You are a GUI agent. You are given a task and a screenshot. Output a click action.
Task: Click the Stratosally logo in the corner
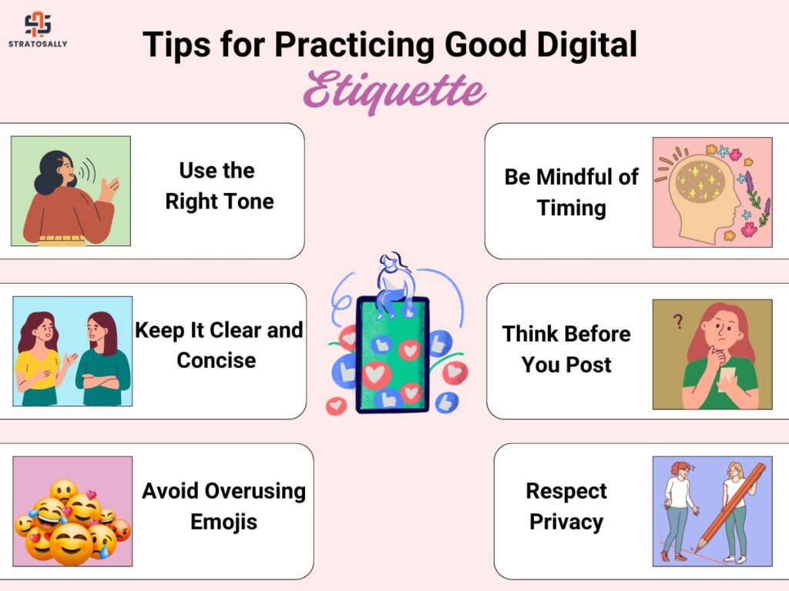pyautogui.click(x=38, y=30)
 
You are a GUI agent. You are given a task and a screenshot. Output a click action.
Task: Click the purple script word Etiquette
pyautogui.click(x=394, y=91)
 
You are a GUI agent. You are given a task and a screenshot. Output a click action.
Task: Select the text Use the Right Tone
pyautogui.click(x=219, y=186)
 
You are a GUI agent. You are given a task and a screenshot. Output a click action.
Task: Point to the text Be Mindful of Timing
pyautogui.click(x=571, y=192)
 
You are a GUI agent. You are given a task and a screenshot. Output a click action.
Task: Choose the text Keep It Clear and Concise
pyautogui.click(x=219, y=346)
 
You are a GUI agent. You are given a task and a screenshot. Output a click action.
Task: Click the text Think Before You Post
pyautogui.click(x=566, y=349)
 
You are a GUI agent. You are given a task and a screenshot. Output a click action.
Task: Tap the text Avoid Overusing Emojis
pyautogui.click(x=224, y=506)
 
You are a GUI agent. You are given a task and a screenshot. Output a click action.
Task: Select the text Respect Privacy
pyautogui.click(x=566, y=506)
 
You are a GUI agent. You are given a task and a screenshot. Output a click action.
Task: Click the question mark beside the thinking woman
pyautogui.click(x=678, y=321)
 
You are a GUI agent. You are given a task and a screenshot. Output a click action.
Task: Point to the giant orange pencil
pyautogui.click(x=730, y=508)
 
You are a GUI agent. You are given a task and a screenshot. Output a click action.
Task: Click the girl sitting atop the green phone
pyautogui.click(x=395, y=286)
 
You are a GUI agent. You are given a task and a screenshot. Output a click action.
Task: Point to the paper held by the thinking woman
pyautogui.click(x=727, y=379)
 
